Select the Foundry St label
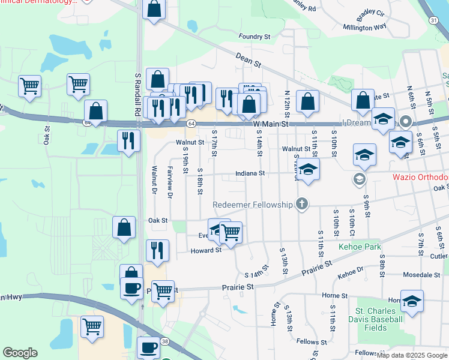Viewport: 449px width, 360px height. click(x=255, y=37)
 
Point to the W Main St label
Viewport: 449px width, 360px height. click(x=271, y=124)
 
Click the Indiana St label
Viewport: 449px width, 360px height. click(x=250, y=173)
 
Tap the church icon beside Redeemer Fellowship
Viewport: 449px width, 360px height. click(x=301, y=205)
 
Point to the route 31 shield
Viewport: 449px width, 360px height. click(x=433, y=20)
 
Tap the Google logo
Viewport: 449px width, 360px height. click(x=20, y=352)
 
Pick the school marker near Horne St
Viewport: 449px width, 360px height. click(x=412, y=301)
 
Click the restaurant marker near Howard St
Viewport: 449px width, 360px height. click(x=157, y=251)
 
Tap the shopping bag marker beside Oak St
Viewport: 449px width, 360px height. click(x=124, y=228)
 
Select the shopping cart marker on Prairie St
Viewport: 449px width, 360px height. click(x=163, y=292)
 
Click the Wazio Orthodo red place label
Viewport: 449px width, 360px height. click(x=420, y=178)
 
